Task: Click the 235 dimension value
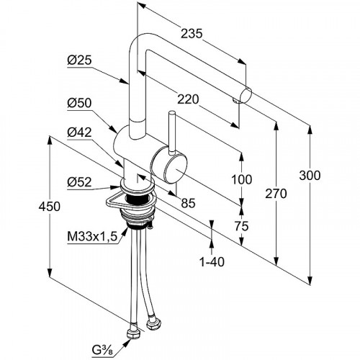click(x=192, y=33)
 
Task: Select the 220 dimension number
click(x=188, y=99)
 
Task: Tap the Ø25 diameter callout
click(x=79, y=60)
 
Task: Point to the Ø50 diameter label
click(x=79, y=103)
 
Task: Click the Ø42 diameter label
click(x=79, y=132)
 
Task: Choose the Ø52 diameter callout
click(x=79, y=182)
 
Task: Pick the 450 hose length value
click(x=50, y=207)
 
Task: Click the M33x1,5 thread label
click(x=92, y=237)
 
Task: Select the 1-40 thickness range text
click(x=212, y=262)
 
